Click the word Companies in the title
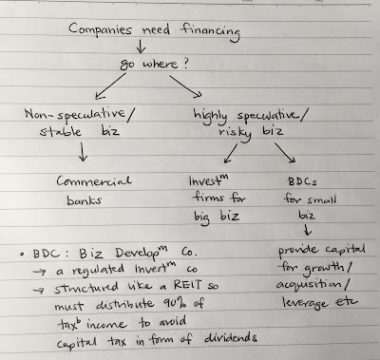100,29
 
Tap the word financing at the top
210,31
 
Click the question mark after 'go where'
185,64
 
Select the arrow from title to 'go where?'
141,47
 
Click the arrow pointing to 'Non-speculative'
110,85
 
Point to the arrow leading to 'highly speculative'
185,85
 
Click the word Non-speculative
75,115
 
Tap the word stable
60,131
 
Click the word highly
210,117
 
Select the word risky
235,133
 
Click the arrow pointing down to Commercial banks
83,152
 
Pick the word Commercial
94,180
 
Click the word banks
84,200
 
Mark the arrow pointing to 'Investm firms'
231,153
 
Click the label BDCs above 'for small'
302,181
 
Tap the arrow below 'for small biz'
308,230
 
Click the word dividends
231,338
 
